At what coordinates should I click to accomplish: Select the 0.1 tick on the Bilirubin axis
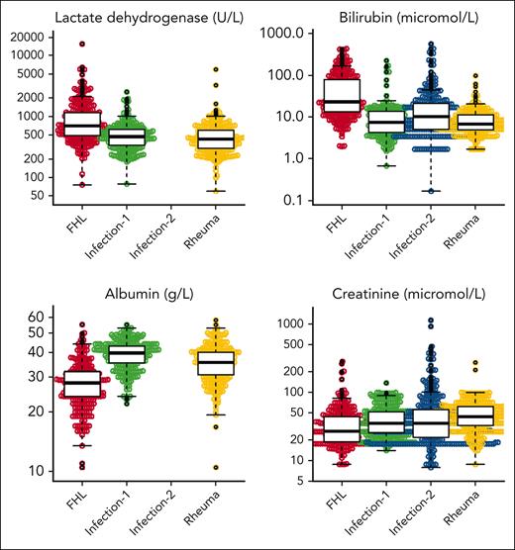(x=306, y=200)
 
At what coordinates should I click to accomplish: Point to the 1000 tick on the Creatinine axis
(x=300, y=323)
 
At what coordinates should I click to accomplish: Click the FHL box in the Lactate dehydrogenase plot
(x=82, y=124)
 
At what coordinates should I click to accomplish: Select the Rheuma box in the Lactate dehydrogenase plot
(x=216, y=138)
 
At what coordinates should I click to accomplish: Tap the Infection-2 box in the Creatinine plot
(x=431, y=423)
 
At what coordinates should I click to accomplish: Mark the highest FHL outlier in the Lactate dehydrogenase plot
(x=82, y=45)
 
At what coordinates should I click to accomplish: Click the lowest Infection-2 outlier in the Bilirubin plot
(x=431, y=191)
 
